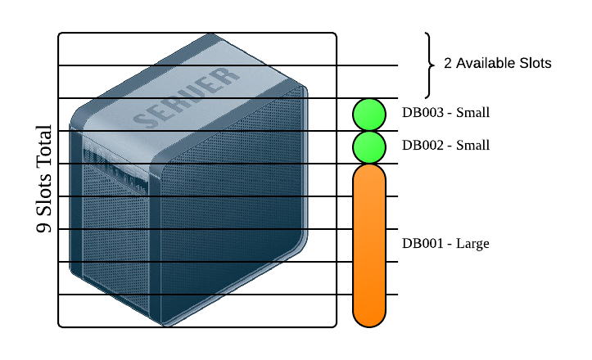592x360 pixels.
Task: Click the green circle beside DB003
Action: coord(369,115)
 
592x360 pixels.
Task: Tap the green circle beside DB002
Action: coord(369,146)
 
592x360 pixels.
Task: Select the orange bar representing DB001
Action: coord(369,245)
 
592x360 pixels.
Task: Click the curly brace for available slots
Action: coord(428,65)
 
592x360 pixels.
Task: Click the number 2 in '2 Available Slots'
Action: coord(448,63)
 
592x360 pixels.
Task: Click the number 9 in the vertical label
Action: coord(44,227)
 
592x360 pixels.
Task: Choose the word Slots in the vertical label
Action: coord(44,192)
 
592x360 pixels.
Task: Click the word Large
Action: coord(472,244)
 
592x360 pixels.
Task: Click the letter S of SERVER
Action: coord(144,120)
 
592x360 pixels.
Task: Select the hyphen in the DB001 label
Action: coord(450,245)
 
